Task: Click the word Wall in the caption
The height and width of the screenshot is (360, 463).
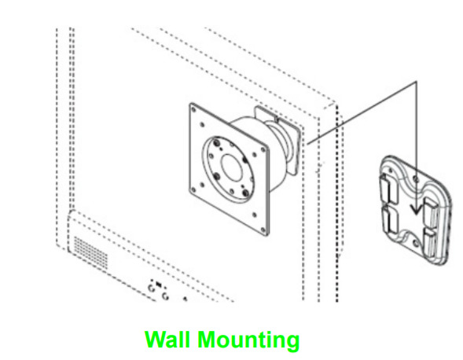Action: point(167,340)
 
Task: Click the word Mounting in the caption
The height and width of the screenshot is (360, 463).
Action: point(248,341)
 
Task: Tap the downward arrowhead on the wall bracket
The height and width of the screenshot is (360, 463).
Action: point(417,210)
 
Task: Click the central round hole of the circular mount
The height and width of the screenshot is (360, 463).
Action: point(232,167)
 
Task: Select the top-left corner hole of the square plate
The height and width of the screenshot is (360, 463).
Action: point(193,110)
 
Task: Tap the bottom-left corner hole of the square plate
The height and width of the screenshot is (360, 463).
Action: point(193,190)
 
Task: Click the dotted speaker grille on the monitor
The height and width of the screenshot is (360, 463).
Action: point(90,252)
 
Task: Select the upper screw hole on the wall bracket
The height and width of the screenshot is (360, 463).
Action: point(416,178)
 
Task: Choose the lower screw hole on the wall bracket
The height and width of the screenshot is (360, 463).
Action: point(416,244)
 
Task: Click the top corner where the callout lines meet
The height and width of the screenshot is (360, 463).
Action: point(417,82)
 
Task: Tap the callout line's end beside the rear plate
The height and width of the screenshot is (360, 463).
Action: point(307,144)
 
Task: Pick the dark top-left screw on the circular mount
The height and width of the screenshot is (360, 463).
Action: point(218,143)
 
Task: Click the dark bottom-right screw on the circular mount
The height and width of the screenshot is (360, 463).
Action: point(246,193)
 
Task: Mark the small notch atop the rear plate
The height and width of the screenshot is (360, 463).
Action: point(277,119)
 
